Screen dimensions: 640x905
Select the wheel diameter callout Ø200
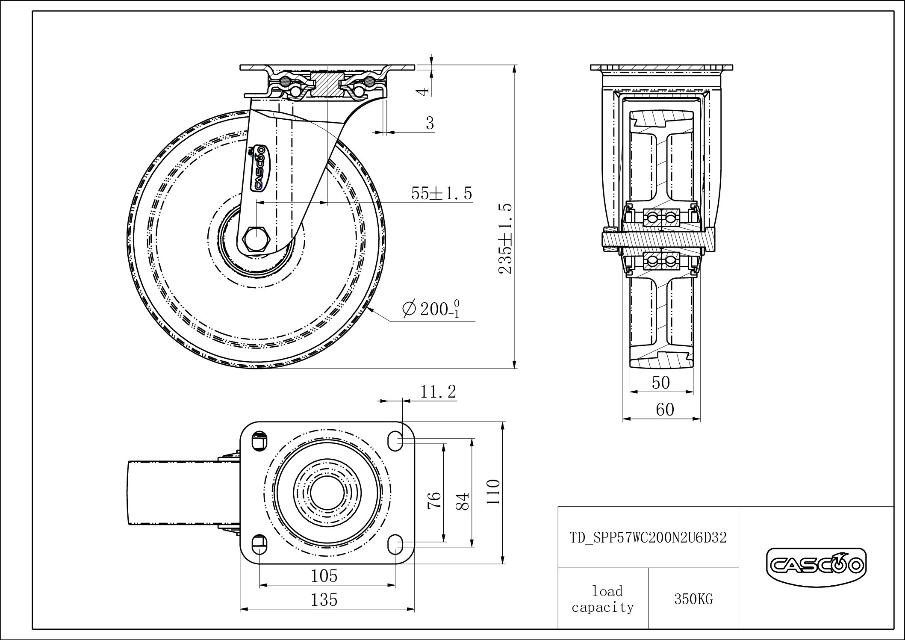[x=432, y=309]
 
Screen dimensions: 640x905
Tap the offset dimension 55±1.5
[x=442, y=193]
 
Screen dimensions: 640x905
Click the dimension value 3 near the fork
[x=430, y=123]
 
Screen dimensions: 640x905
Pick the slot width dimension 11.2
[x=438, y=391]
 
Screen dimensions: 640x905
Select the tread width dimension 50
[x=661, y=383]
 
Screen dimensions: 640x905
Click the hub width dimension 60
[x=665, y=410]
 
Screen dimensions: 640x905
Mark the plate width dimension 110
[x=494, y=492]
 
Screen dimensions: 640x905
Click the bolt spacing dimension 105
[x=324, y=576]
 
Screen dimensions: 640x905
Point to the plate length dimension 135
[x=324, y=600]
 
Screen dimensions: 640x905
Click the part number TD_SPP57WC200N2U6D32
[x=648, y=537]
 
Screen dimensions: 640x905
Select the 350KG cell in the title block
[x=693, y=599]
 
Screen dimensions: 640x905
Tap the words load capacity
[x=603, y=599]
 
